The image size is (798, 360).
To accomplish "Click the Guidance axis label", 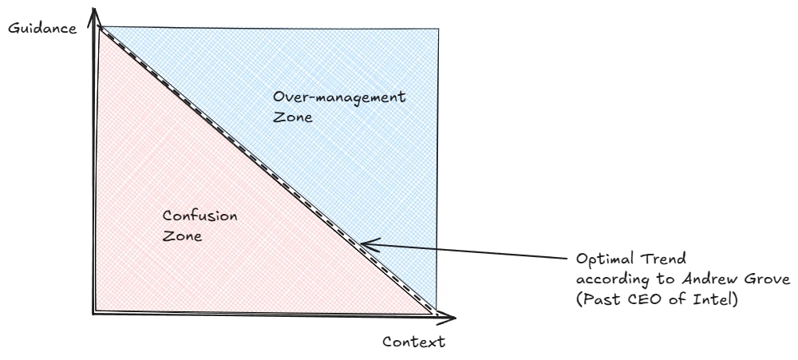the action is (x=41, y=28).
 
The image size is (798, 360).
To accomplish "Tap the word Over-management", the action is (x=339, y=97).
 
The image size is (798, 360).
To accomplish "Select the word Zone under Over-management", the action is (x=291, y=117).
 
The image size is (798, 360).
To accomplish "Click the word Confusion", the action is (x=199, y=216).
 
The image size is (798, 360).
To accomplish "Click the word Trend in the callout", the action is (x=664, y=260).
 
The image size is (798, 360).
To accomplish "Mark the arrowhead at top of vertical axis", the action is (x=94, y=11).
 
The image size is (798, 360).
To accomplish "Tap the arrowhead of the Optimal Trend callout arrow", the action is (x=363, y=244).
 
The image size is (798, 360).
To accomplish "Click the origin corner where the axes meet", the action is (x=93, y=313).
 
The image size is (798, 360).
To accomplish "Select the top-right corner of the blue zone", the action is (x=437, y=29).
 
